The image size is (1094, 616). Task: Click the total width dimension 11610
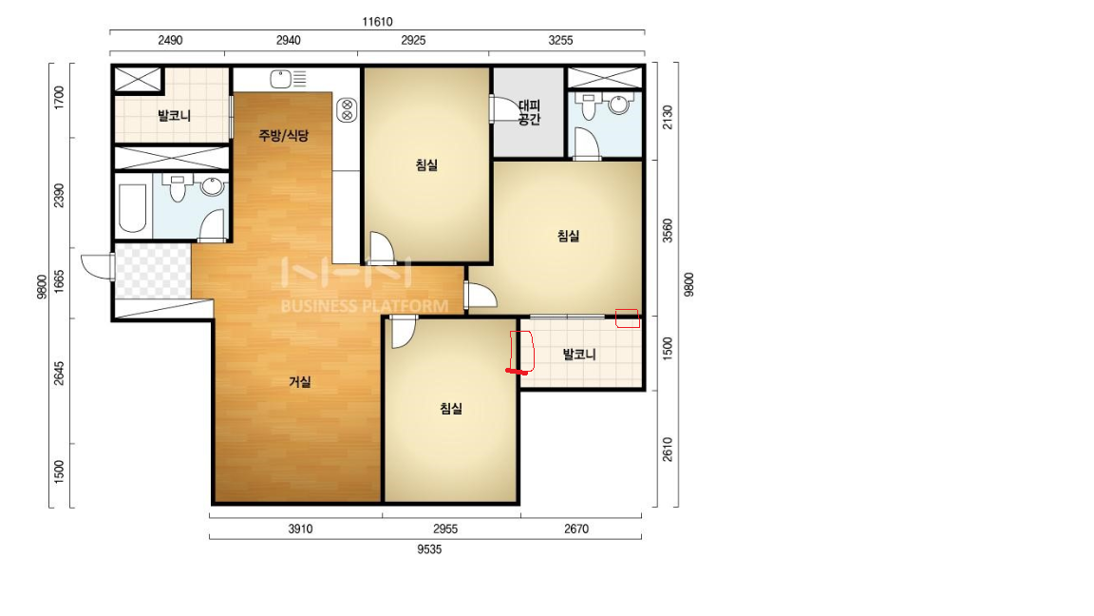377,22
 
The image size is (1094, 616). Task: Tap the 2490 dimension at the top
170,41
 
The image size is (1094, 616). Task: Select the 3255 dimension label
560,41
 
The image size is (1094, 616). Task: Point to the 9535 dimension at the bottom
430,549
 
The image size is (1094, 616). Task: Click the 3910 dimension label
300,529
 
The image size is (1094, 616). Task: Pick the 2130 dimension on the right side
668,117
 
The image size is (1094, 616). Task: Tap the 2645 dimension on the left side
59,373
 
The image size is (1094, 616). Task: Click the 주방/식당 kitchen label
283,135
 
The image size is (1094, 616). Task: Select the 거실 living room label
300,382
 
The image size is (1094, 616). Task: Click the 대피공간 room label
530,112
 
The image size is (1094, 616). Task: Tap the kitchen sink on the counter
281,79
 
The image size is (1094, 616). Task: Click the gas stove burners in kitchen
347,110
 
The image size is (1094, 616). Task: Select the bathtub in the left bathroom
133,207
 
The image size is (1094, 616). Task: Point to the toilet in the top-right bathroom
589,106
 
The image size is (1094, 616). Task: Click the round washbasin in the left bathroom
211,186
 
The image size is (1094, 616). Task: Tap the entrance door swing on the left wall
98,266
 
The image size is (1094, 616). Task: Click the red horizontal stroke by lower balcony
517,371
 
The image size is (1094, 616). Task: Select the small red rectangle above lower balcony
627,318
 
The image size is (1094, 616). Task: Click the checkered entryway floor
153,271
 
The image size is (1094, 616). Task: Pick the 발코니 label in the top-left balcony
175,116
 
